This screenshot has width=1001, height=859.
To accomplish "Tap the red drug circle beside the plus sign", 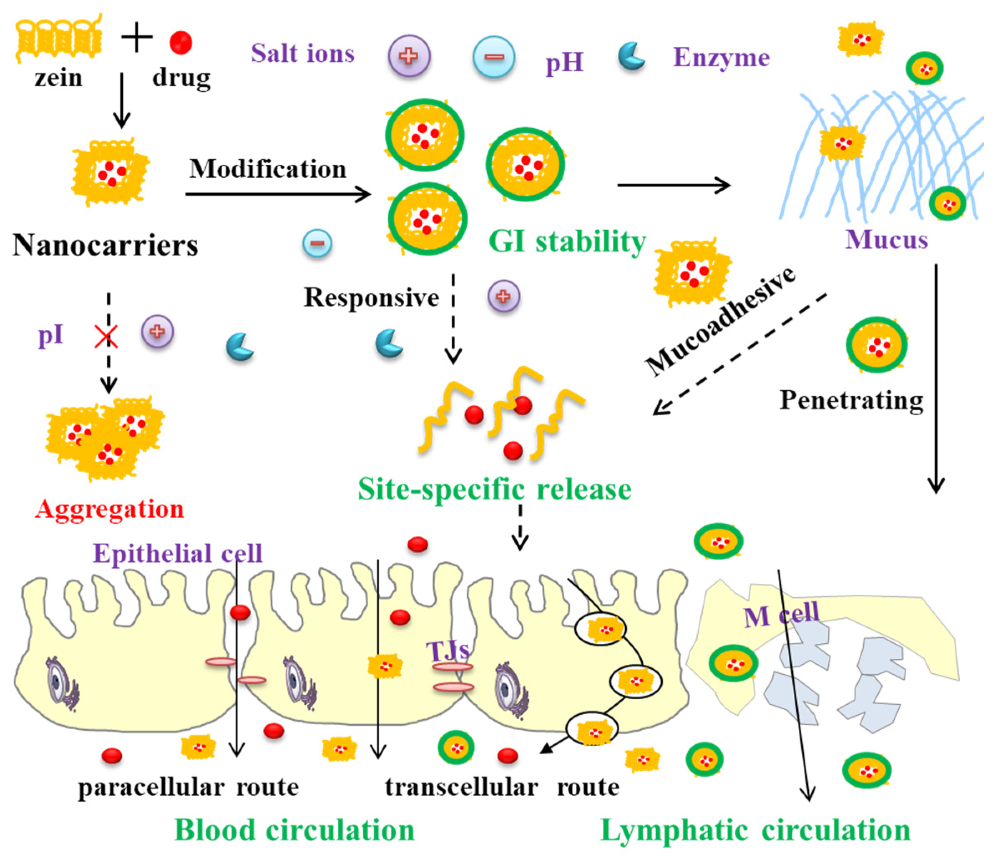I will (x=181, y=42).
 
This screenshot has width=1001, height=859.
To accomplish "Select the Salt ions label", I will (x=303, y=53).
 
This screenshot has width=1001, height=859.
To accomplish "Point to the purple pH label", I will (x=564, y=63).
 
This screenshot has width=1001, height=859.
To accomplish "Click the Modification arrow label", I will (x=268, y=169).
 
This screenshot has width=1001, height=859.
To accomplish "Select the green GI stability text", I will (x=567, y=241).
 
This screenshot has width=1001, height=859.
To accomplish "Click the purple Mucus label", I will (x=886, y=239).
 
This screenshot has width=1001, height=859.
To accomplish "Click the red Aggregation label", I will (x=110, y=509).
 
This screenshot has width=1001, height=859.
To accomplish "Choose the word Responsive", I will (x=371, y=297).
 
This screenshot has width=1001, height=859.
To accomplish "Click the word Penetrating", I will (x=851, y=400).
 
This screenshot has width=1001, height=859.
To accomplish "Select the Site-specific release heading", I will (x=494, y=489).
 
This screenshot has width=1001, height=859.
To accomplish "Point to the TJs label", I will (x=448, y=651).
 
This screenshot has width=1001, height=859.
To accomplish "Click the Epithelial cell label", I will (x=177, y=553).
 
